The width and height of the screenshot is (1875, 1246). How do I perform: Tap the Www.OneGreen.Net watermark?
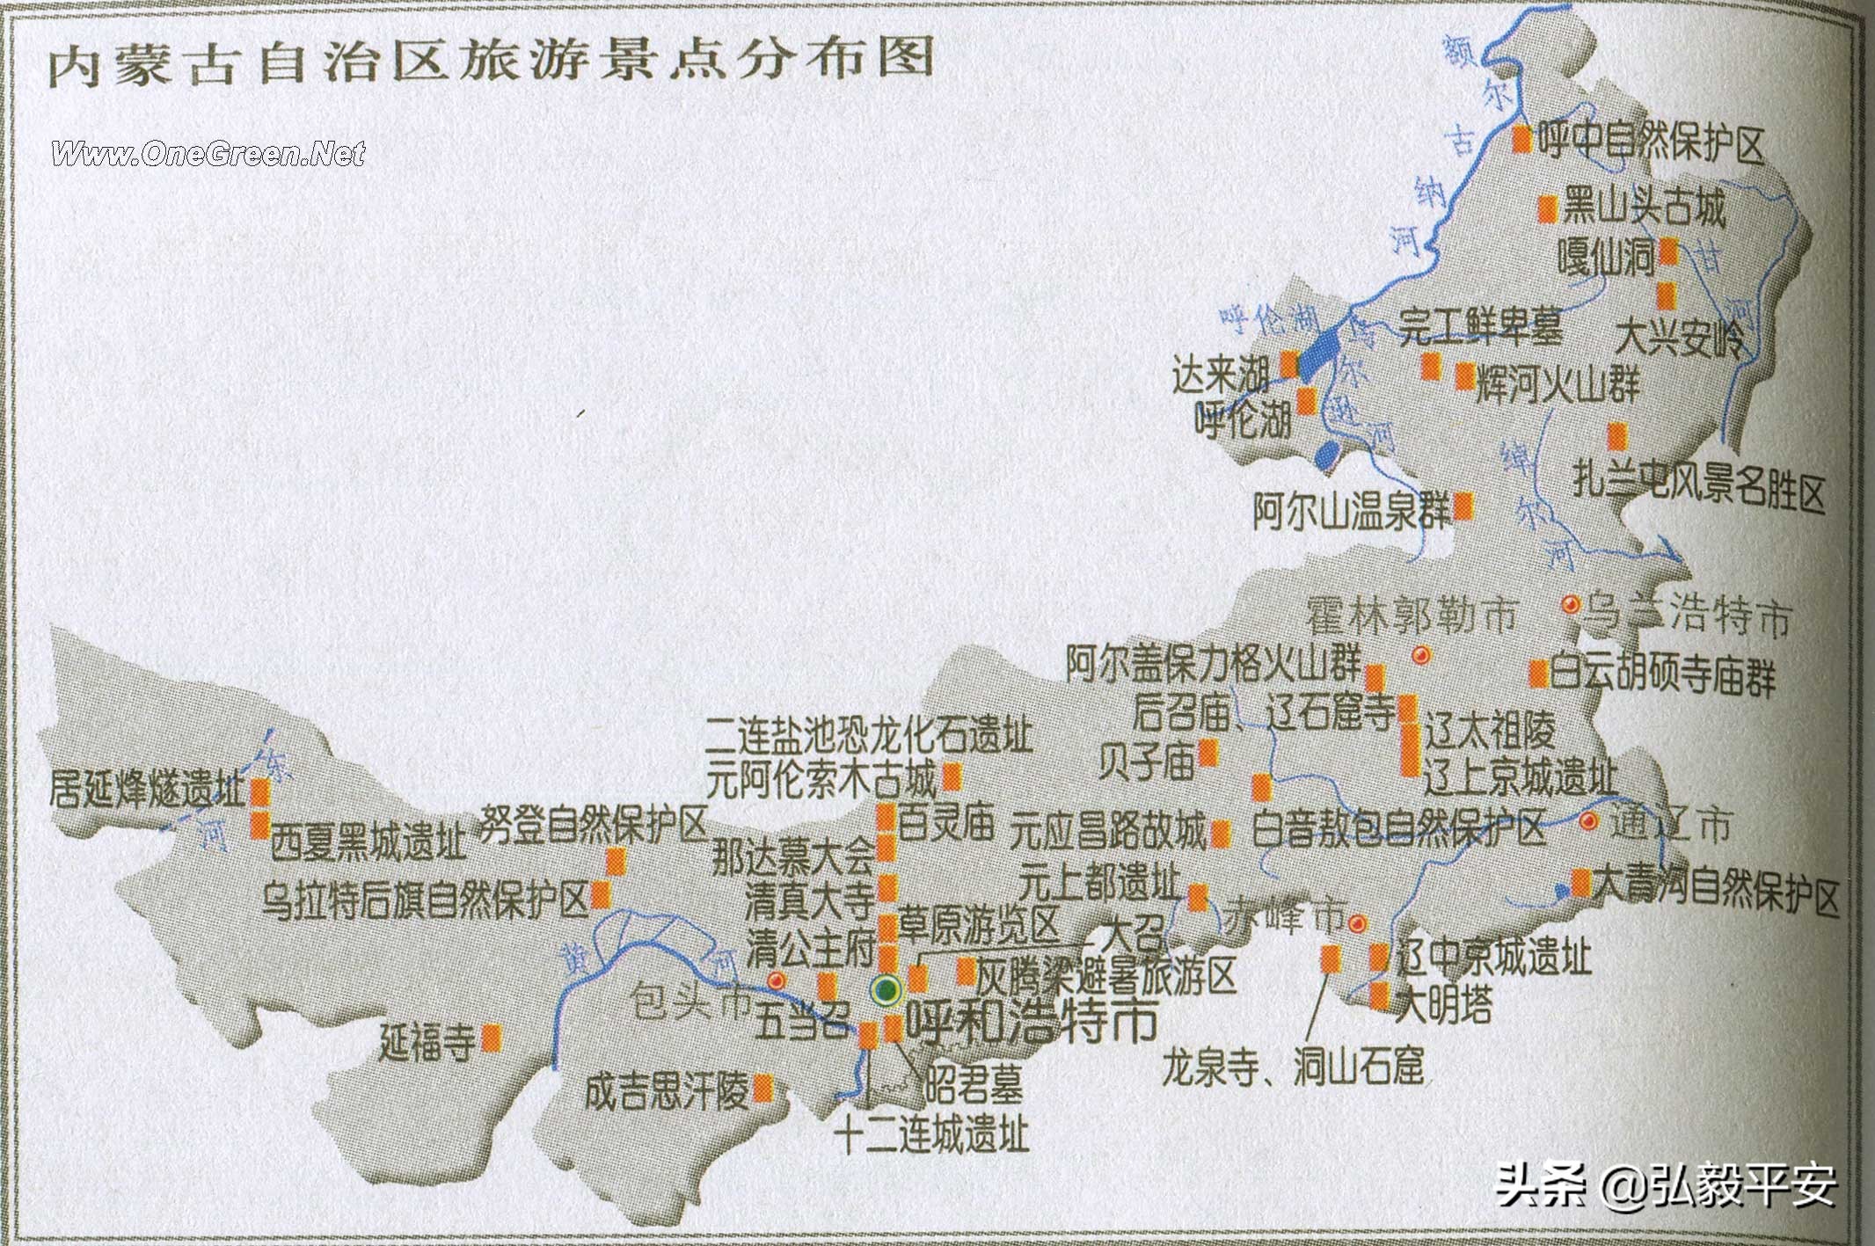coord(208,154)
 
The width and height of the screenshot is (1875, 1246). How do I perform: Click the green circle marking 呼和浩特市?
coord(886,990)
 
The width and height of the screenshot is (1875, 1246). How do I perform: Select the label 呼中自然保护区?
coord(1652,142)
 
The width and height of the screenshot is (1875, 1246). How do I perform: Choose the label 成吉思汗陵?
coord(667,1091)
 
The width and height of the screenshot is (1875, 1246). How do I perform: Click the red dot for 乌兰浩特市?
coord(1570,605)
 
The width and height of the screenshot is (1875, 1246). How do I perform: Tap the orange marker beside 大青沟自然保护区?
coord(1580,882)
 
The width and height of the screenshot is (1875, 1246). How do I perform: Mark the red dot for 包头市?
coord(776,980)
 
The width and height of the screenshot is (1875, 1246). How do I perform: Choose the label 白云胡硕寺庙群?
coord(1661,676)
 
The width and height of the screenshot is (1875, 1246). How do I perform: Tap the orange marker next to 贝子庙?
coord(1207,753)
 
